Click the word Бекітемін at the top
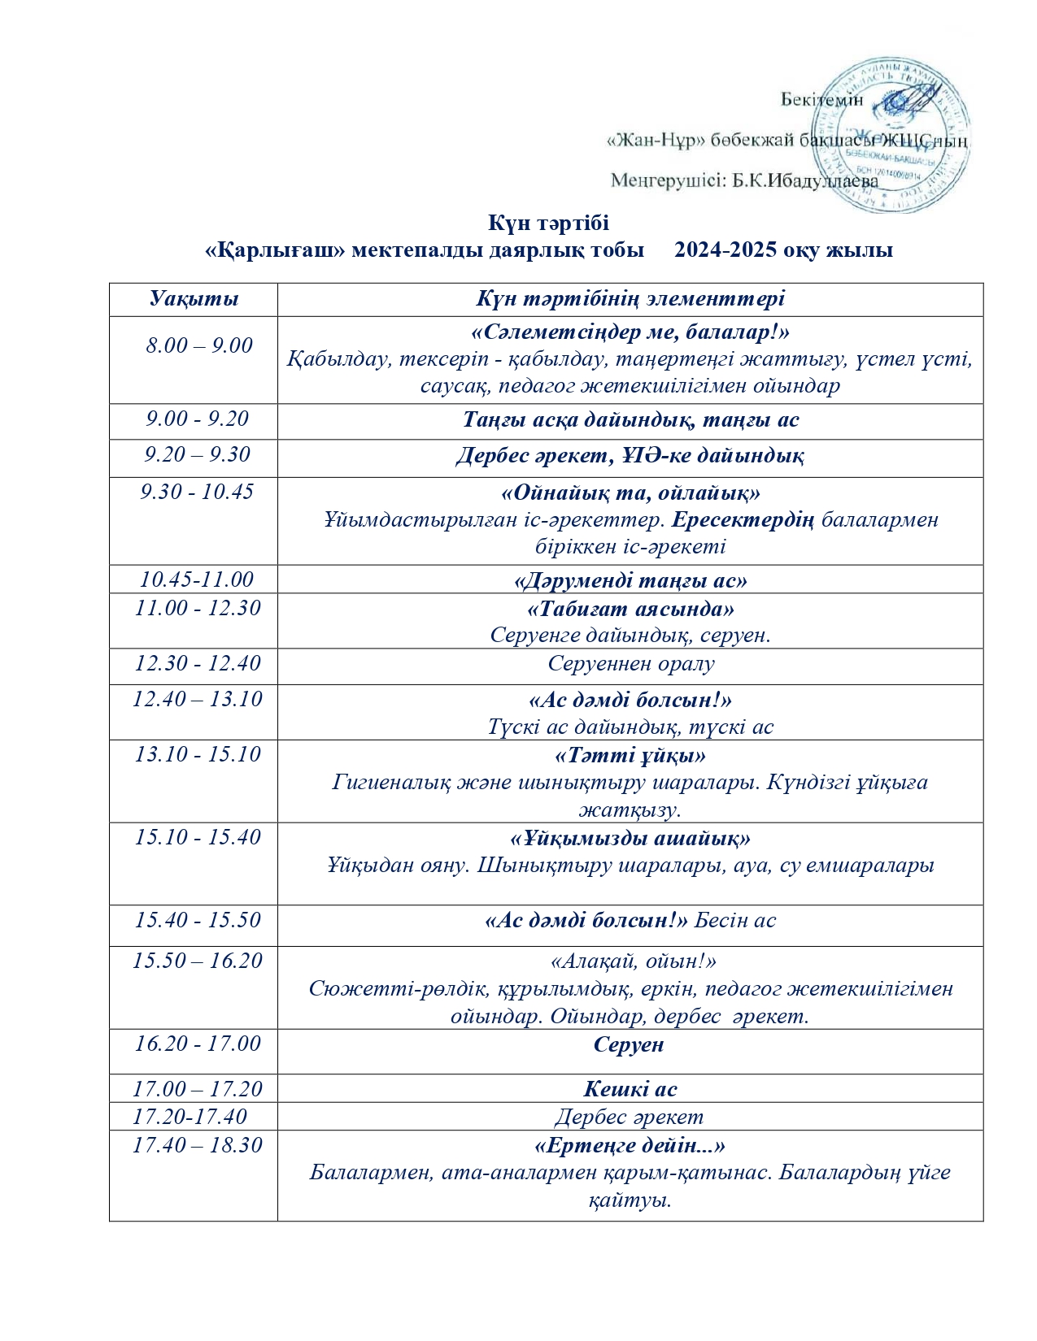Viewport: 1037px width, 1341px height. click(821, 99)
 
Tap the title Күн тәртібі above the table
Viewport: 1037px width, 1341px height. click(548, 223)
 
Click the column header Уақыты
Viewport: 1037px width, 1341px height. click(194, 298)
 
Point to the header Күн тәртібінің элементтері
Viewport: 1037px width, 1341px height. click(630, 298)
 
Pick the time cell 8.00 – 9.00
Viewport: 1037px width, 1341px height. click(199, 345)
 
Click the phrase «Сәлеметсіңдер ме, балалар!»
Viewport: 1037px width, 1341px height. click(630, 332)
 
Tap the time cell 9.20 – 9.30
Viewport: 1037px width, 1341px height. click(198, 454)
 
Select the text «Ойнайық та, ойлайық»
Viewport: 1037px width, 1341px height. click(630, 493)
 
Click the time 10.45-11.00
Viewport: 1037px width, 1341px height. click(197, 579)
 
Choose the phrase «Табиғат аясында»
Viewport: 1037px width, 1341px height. click(630, 609)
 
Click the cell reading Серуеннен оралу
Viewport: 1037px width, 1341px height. click(630, 664)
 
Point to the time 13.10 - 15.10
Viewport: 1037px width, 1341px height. click(198, 754)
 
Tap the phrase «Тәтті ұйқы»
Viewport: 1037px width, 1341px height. click(630, 756)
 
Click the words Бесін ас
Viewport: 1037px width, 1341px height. click(735, 921)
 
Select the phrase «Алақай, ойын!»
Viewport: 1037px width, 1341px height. click(634, 961)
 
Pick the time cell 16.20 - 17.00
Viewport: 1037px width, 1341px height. click(198, 1044)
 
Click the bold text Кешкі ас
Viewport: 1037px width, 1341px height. click(630, 1089)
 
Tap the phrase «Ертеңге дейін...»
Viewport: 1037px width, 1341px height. click(630, 1145)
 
